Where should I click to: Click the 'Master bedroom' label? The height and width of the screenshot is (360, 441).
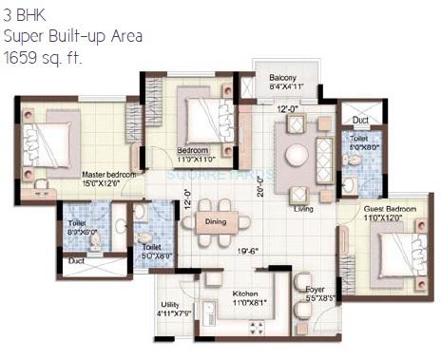[108, 175]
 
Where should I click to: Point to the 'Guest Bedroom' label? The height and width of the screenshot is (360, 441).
[390, 208]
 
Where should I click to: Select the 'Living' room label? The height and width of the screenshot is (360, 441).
[304, 209]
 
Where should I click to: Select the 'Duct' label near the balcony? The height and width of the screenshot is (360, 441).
[360, 122]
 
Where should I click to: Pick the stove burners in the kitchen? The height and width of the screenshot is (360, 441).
[255, 328]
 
